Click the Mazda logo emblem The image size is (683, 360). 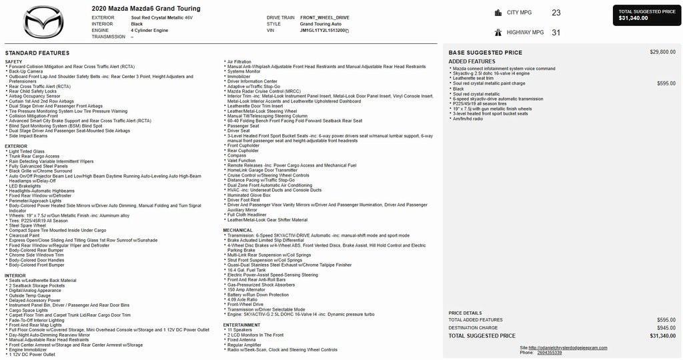43,22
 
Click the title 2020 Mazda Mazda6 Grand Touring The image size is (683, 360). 146,9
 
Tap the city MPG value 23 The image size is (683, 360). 556,13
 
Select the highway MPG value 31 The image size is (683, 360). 556,32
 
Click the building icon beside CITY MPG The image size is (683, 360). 498,13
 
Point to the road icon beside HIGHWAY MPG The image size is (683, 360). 498,32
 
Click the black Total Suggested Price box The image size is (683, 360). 646,15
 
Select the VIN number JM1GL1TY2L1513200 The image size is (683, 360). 323,31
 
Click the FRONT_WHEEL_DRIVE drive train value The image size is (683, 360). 325,17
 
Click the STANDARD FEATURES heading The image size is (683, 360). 37,53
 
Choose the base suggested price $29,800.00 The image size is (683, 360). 662,52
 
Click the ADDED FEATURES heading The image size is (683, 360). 472,61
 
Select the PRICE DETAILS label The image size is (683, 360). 465,313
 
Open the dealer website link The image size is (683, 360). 568,347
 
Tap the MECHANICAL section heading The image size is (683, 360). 238,230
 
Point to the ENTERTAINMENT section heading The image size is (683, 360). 241,325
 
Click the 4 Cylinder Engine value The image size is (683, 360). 149,31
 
